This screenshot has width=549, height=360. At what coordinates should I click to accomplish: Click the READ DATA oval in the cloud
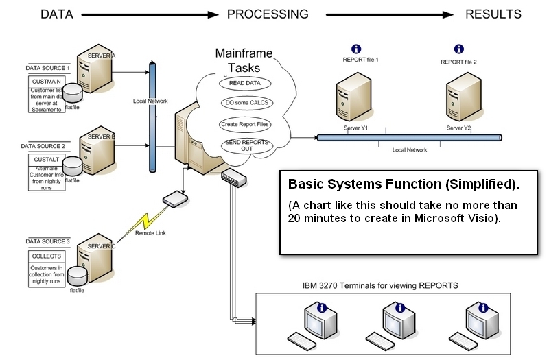[245, 83]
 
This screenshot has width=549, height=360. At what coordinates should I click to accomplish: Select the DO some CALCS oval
[245, 104]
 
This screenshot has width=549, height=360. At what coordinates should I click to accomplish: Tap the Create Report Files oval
[245, 125]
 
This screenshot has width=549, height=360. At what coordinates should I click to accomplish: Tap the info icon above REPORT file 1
[355, 49]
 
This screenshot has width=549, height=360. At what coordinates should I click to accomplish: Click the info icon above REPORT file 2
[458, 49]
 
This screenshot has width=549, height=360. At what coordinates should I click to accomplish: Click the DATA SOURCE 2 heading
[43, 146]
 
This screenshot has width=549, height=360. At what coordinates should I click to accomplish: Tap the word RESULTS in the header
[493, 14]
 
